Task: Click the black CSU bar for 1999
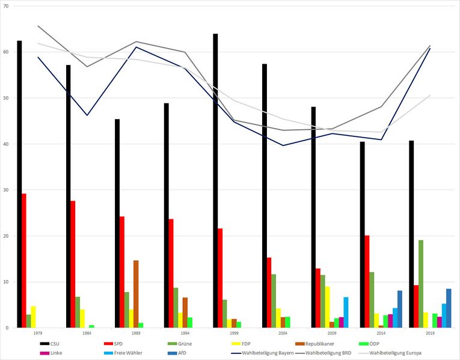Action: point(215,180)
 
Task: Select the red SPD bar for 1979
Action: point(24,261)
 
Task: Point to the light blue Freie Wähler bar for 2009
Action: point(346,313)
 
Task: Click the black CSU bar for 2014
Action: point(363,234)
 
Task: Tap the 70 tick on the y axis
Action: point(6,6)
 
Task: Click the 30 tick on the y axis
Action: point(6,190)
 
